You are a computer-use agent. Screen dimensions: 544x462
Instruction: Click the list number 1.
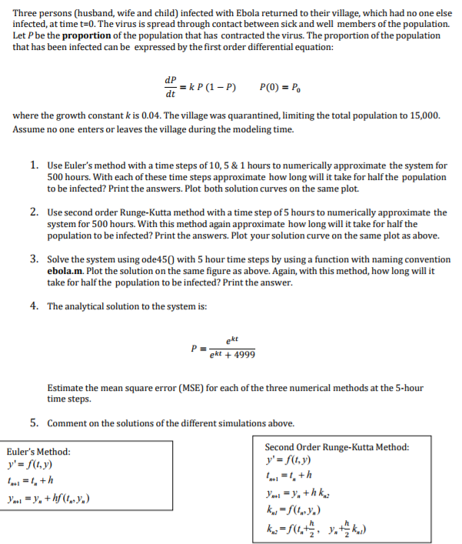pyautogui.click(x=35, y=165)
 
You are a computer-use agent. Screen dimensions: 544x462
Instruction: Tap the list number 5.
pyautogui.click(x=35, y=422)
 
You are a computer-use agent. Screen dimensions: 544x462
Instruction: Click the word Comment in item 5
pyautogui.click(x=67, y=423)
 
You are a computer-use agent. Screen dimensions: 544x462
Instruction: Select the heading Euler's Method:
pyautogui.click(x=38, y=452)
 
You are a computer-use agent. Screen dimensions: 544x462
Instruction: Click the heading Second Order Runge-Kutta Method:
pyautogui.click(x=336, y=447)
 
